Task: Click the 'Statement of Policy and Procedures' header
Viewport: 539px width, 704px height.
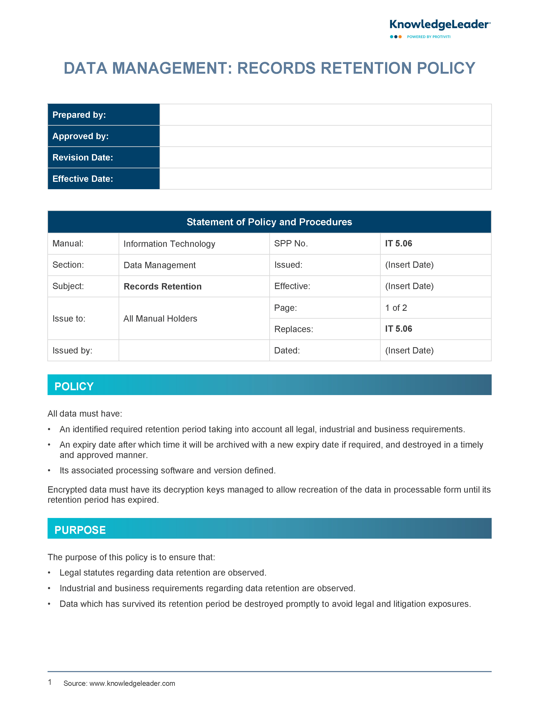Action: coord(269,222)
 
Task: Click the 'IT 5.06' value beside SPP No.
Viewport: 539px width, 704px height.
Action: coord(398,243)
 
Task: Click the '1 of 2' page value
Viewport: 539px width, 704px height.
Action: coord(396,308)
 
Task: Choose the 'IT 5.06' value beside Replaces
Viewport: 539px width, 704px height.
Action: coord(398,329)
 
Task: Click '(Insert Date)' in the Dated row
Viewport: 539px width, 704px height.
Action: coord(409,351)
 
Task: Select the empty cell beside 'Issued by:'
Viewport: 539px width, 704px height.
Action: coord(194,351)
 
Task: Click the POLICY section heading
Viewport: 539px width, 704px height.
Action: coord(74,386)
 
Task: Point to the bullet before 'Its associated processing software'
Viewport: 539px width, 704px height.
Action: coord(49,471)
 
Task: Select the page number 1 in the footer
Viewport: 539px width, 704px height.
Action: coord(50,682)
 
